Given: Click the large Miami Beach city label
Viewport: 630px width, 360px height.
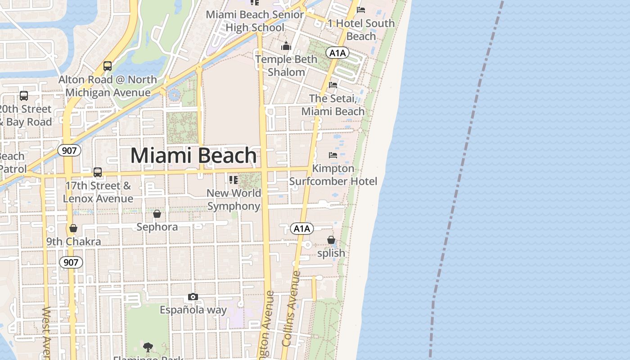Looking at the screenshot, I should pos(193,156).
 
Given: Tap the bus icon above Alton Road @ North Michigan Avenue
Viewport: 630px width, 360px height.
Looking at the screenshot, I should pos(108,66).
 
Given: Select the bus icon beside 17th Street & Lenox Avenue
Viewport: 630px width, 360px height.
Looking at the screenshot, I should pos(98,172).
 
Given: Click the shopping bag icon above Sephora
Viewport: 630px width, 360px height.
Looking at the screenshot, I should pos(157,214).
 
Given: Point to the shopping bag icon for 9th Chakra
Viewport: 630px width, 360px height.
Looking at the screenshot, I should pos(73,229).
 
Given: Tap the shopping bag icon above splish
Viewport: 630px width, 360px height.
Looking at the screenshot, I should pos(331,240).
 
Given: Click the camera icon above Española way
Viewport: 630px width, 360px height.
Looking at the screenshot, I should pos(193,297).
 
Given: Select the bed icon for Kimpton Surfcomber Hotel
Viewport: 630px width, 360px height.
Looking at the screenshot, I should pos(333,155).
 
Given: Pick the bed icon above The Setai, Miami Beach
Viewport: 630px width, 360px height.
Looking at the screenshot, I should pos(333,85).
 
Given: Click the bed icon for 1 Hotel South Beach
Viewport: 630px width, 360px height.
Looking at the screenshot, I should pos(361,10).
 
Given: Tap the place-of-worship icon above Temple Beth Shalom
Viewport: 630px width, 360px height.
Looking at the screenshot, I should pos(286,46).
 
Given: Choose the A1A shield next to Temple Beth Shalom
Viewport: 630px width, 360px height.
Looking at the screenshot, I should pos(337,53).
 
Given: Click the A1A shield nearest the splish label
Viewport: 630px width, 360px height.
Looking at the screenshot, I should pos(301,229).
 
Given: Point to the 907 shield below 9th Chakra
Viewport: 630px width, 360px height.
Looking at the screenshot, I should pos(71,262).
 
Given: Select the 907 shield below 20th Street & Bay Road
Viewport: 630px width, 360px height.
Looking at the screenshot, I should pos(69,150).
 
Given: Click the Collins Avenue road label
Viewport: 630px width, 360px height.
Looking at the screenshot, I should pos(291,308).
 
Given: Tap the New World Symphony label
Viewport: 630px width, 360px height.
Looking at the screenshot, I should pos(234,199).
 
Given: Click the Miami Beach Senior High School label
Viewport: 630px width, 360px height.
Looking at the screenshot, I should pos(255,21).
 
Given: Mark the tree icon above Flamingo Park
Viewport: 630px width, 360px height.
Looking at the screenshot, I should pos(148,347).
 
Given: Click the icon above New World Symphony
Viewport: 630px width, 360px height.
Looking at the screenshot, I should pos(233,180).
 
